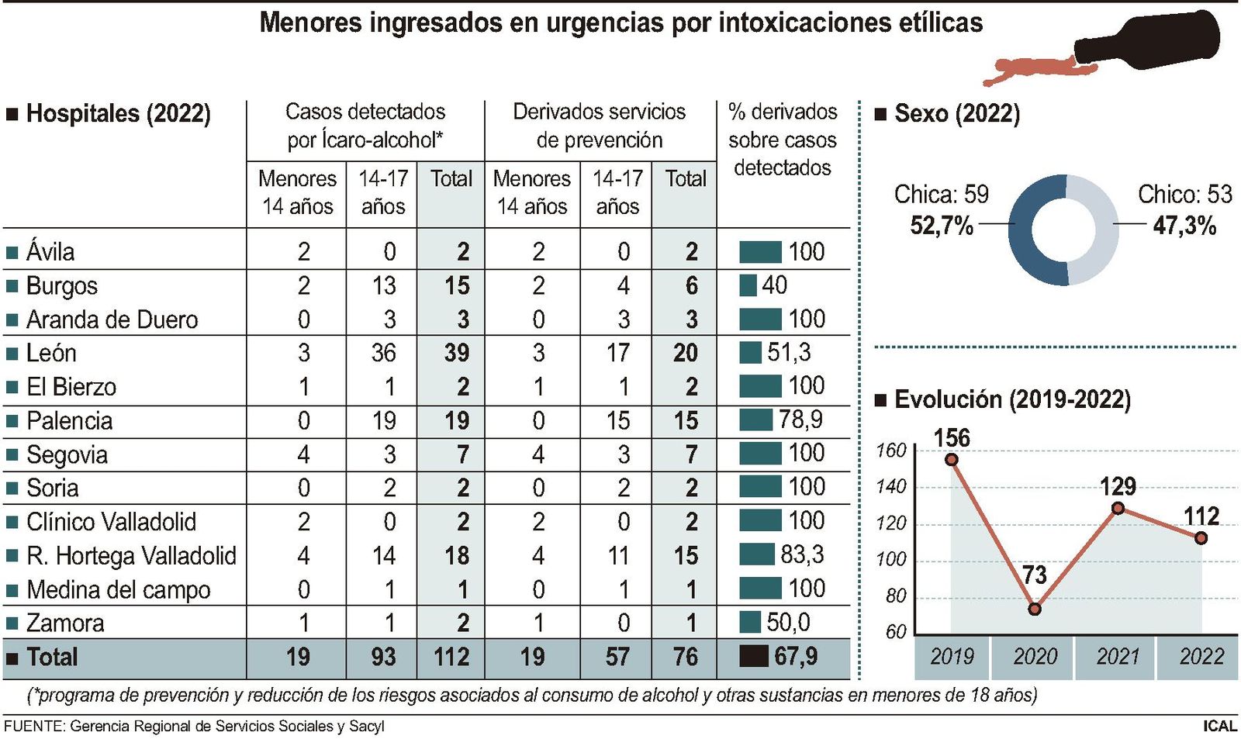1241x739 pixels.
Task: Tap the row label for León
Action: [51, 354]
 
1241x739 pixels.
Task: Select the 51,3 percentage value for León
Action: [789, 353]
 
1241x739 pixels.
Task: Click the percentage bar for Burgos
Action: [748, 285]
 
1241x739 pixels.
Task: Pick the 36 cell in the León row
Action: [383, 354]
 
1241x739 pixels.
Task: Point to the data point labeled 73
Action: [1035, 609]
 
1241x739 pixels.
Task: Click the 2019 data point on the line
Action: [952, 460]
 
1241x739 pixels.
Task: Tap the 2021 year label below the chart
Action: [1118, 657]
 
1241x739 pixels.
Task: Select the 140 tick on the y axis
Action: [890, 487]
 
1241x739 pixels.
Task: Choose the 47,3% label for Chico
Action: [1184, 226]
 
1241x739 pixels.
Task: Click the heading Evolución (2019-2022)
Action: [1012, 399]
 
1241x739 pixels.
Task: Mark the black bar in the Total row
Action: [753, 657]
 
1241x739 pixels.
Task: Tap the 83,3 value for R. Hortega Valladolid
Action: [802, 554]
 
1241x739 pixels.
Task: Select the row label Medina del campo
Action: [118, 590]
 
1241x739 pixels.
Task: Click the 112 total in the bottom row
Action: [451, 658]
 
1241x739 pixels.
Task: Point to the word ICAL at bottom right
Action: [1219, 726]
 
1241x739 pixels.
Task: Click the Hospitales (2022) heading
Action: [118, 114]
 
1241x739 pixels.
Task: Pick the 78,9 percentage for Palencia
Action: [800, 420]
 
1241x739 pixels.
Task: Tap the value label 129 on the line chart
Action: [1118, 487]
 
